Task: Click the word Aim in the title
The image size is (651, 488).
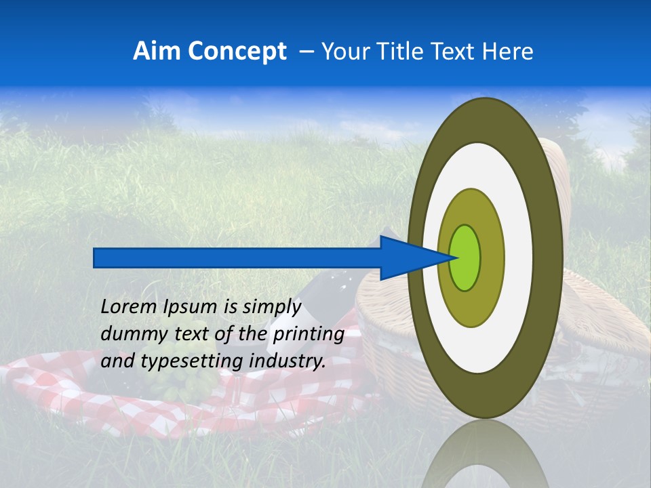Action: pos(157,52)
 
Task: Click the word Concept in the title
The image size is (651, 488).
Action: pos(236,52)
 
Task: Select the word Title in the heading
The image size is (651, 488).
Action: pos(412,52)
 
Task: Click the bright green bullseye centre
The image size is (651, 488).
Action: pos(465,258)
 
